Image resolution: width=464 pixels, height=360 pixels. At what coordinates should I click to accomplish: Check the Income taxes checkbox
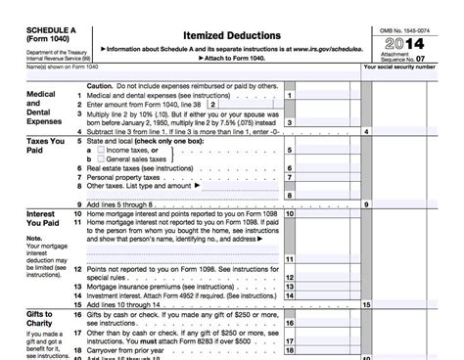103,150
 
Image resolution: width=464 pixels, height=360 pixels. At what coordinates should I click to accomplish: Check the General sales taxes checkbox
103,158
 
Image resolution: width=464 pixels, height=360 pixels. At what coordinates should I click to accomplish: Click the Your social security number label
412,67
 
